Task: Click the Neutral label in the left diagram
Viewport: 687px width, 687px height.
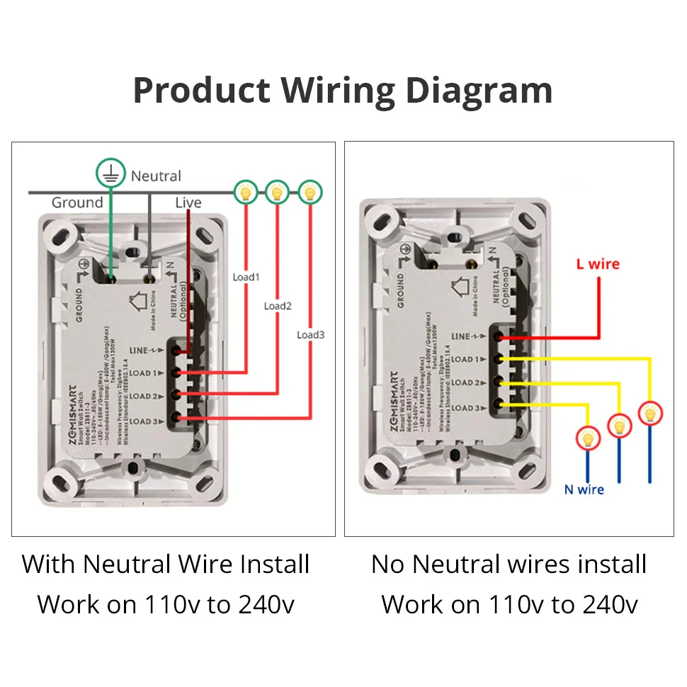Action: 156,176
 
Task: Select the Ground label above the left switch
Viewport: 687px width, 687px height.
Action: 77,203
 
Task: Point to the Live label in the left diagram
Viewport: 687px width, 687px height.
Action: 188,203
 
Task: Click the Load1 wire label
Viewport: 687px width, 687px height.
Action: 246,276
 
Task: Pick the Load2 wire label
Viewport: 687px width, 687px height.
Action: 278,306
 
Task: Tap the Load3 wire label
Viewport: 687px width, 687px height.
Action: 310,334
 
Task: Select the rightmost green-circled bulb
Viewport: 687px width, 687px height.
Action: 309,191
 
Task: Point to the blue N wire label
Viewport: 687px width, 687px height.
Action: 584,489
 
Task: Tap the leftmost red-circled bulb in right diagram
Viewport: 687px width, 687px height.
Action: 587,438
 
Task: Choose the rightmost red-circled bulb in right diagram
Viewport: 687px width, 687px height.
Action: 651,412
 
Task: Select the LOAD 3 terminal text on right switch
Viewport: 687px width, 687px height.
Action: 469,407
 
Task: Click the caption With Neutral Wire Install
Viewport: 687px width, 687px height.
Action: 166,564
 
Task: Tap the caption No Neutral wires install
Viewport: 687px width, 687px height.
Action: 509,564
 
